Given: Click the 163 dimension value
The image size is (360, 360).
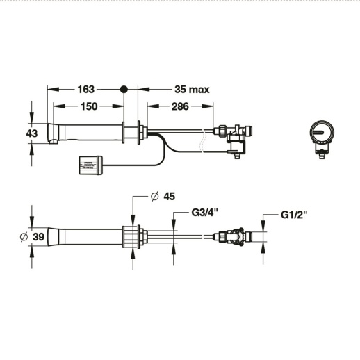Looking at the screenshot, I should click(86, 90).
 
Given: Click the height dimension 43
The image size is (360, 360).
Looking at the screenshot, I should click(31, 132).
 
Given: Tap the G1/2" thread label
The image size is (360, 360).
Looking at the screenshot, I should click(294, 213).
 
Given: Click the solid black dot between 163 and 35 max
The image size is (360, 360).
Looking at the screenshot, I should click(124, 90).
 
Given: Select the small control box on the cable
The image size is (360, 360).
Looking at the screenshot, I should click(90, 164).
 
